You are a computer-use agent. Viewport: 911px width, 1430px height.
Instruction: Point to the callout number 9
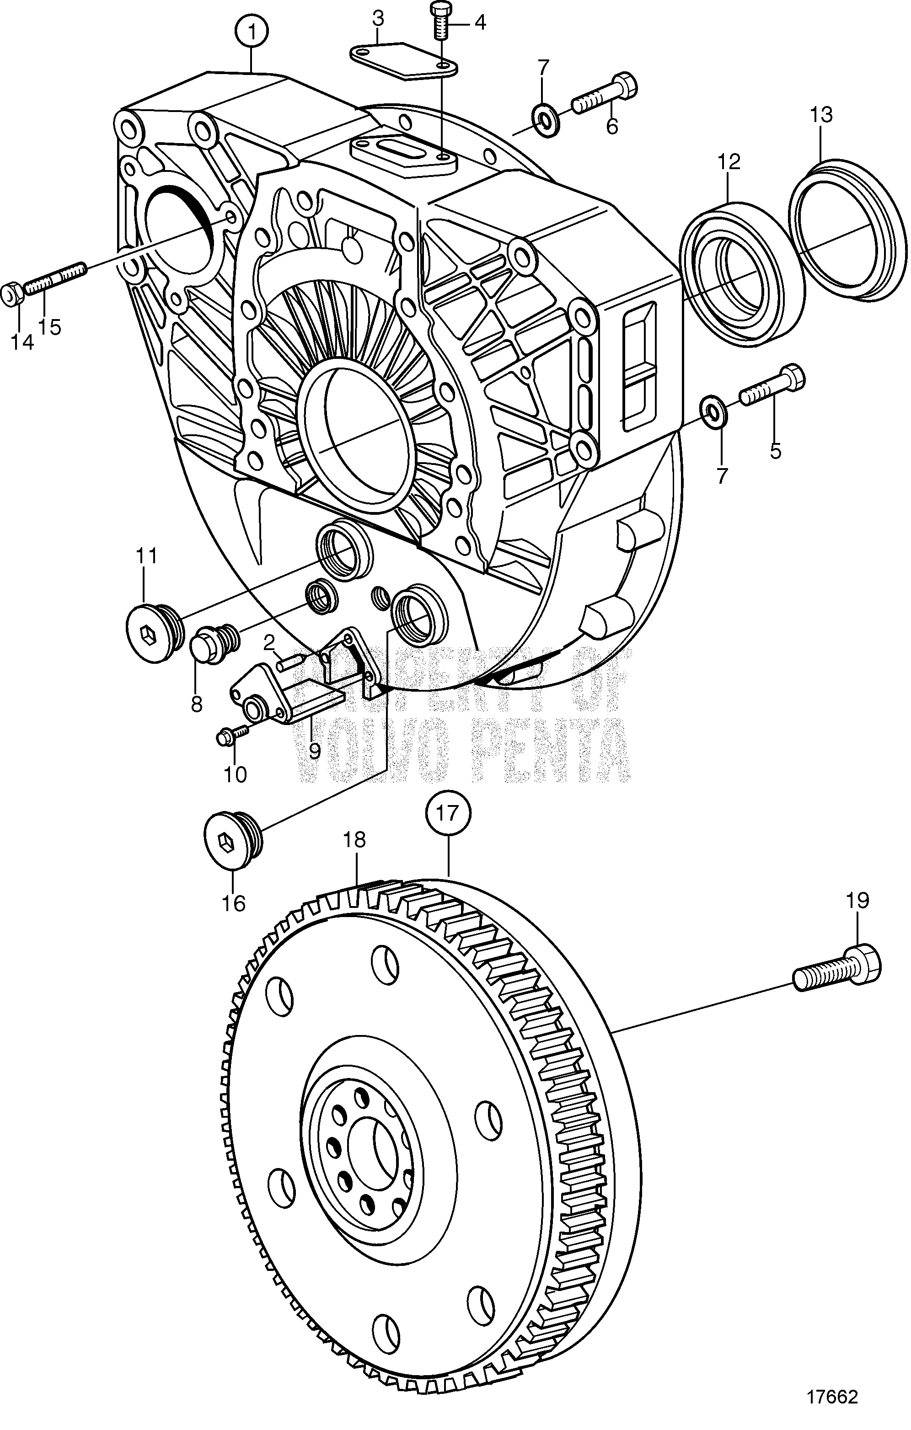click(313, 751)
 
